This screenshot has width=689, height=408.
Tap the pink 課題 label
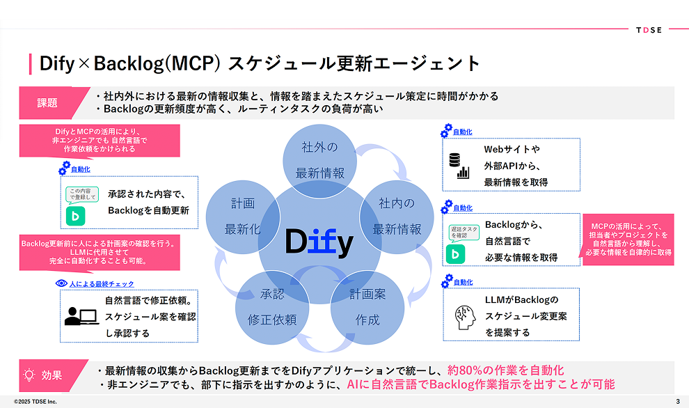(47, 103)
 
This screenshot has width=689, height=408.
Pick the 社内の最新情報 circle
(396, 216)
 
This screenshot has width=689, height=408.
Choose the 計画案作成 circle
(367, 306)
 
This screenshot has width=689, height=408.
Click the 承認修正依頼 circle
(272, 306)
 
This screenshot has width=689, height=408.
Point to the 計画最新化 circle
(243, 216)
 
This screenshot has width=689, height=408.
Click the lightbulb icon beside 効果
(29, 375)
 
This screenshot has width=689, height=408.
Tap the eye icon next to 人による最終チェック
(61, 284)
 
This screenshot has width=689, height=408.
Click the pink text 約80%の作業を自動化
(505, 370)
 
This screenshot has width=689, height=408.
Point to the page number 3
(677, 402)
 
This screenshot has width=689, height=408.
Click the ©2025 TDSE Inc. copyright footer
(35, 402)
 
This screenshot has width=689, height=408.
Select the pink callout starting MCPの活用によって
(628, 240)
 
